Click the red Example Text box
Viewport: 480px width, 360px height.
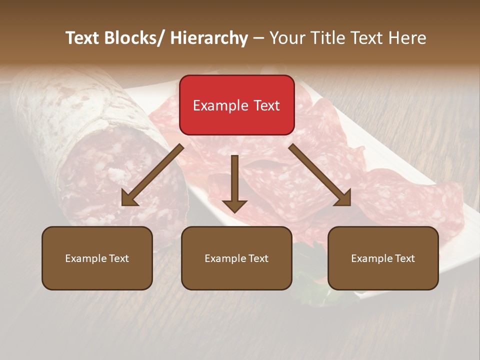pyautogui.click(x=236, y=105)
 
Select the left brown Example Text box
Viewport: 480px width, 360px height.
pyautogui.click(x=97, y=258)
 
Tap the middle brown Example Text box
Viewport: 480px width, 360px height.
pyautogui.click(x=236, y=258)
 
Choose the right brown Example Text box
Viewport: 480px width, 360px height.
pyautogui.click(x=383, y=258)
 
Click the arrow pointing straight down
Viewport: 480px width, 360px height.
pyautogui.click(x=234, y=182)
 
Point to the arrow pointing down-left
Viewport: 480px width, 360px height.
pyautogui.click(x=152, y=175)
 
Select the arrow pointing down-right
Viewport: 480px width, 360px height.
pyautogui.click(x=320, y=175)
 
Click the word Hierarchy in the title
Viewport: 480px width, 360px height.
pyautogui.click(x=209, y=38)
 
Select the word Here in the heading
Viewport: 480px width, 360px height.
pyautogui.click(x=406, y=38)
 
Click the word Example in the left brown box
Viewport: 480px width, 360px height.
pyautogui.click(x=83, y=258)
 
